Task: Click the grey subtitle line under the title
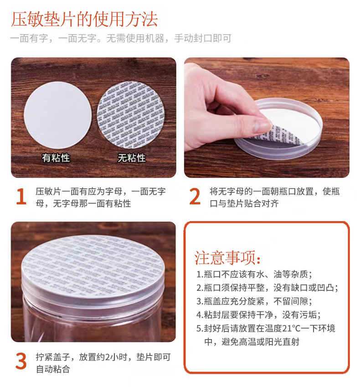(120, 39)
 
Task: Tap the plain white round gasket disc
(57, 109)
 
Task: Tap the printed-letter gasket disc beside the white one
(131, 109)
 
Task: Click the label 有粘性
(56, 158)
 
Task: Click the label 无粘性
(132, 158)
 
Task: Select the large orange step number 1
(21, 197)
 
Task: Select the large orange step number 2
(195, 197)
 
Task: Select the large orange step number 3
(21, 361)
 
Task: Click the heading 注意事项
(228, 258)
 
